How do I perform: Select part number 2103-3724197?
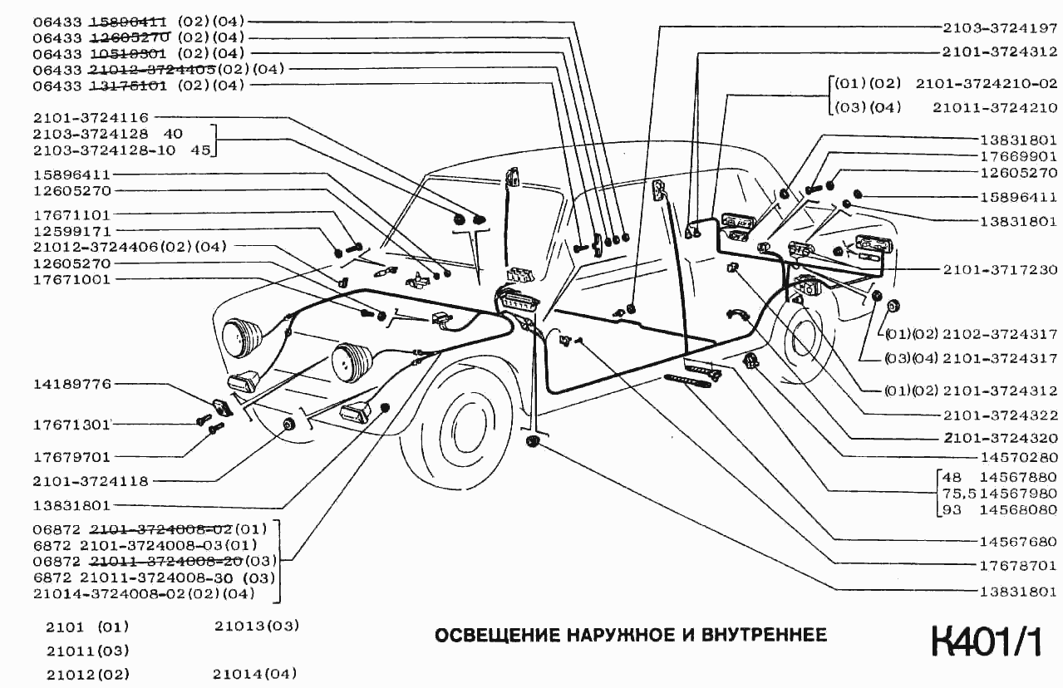point(1000,27)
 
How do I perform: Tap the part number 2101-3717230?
point(1000,270)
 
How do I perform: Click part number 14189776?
point(71,385)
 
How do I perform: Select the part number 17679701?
point(71,457)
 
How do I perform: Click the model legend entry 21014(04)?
point(254,674)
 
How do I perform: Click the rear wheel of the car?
point(804,342)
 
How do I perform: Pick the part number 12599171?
point(71,230)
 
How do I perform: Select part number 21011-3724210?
point(994,107)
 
